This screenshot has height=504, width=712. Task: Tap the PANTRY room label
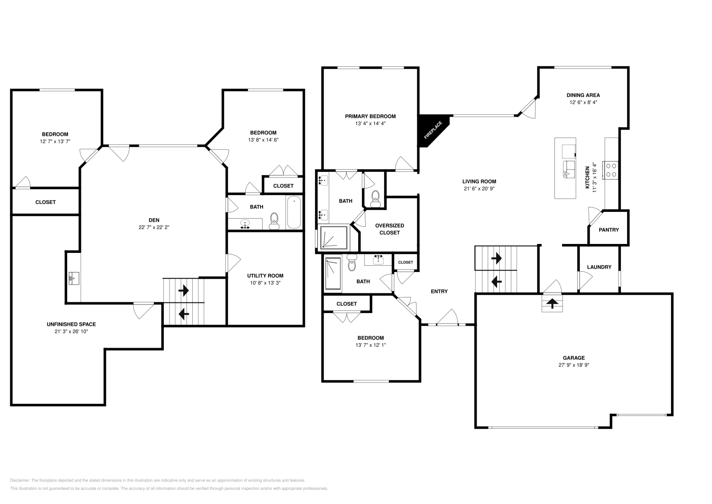[x=608, y=230]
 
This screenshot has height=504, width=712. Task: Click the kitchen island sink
[x=569, y=169]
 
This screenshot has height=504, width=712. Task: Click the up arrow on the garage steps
[x=552, y=304]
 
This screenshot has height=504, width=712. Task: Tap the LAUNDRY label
[x=599, y=267]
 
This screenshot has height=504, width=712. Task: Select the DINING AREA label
[x=583, y=95]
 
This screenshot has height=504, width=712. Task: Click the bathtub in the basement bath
[x=294, y=213]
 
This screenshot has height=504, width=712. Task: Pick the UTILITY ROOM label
[x=265, y=276]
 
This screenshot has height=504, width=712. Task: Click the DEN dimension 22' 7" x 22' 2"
[x=154, y=227]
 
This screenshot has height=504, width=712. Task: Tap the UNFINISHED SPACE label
[x=71, y=324]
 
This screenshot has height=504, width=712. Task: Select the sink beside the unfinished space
[x=73, y=279]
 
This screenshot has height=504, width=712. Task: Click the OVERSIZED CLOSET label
[x=389, y=229]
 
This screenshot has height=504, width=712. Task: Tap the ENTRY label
[x=439, y=291]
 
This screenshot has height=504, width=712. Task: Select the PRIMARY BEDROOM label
[x=370, y=116]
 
